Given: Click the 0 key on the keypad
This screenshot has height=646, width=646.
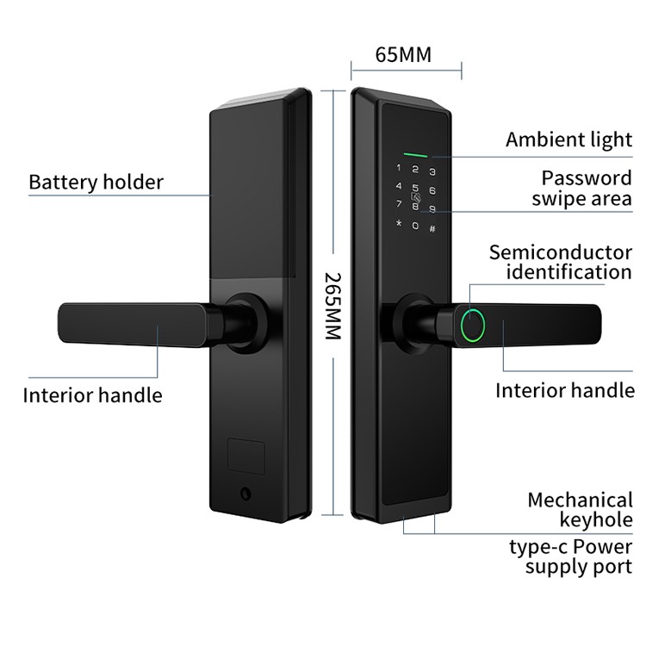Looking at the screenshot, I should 415,226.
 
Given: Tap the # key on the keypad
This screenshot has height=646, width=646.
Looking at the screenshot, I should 432,228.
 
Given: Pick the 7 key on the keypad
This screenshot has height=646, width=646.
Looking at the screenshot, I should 398,204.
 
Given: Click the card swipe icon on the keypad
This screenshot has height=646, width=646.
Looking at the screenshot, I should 416,197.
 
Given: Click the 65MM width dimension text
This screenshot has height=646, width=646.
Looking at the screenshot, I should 403,55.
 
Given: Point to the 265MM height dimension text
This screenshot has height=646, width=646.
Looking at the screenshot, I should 333,305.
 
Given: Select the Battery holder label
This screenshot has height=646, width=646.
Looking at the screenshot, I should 96,182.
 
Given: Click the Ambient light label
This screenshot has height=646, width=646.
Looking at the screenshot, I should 568,140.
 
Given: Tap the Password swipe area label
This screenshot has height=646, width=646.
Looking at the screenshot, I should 581,189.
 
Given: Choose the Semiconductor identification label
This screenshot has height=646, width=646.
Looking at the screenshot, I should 561,262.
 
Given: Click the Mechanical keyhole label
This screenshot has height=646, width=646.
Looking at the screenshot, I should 580,509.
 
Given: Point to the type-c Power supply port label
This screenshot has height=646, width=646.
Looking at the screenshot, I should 568,556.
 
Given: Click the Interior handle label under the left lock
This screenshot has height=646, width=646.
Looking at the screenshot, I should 92,395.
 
